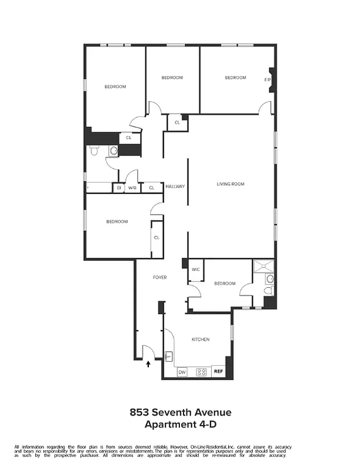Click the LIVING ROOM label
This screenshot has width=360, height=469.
pyautogui.click(x=230, y=184)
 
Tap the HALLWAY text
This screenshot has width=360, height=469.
pyautogui.click(x=175, y=186)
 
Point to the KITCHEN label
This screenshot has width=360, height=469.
pyautogui.click(x=201, y=339)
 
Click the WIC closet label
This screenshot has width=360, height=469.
pyautogui.click(x=195, y=270)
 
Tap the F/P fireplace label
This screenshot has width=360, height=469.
pyautogui.click(x=267, y=80)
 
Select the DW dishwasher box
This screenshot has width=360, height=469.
pyautogui.click(x=182, y=372)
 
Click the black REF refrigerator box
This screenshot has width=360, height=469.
pyautogui.click(x=218, y=372)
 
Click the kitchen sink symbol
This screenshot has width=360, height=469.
pyautogui.click(x=169, y=356)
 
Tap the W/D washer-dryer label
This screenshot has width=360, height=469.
pyautogui.click(x=133, y=188)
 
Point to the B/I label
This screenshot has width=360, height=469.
pyautogui.click(x=118, y=188)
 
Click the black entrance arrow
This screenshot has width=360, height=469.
pyautogui.click(x=148, y=364)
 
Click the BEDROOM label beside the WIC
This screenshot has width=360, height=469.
pyautogui.click(x=225, y=284)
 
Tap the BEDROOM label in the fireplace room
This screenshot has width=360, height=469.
pyautogui.click(x=235, y=77)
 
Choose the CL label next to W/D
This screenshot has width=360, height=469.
pyautogui.click(x=151, y=188)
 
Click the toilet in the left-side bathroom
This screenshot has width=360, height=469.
pyautogui.click(x=94, y=151)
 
